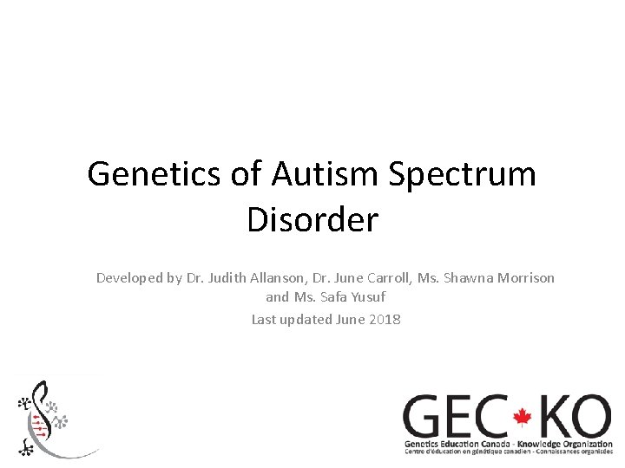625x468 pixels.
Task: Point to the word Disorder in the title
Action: click(312, 219)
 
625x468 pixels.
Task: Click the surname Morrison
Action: click(525, 278)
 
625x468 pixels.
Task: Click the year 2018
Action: click(385, 319)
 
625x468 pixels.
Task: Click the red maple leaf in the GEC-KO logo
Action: click(522, 418)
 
